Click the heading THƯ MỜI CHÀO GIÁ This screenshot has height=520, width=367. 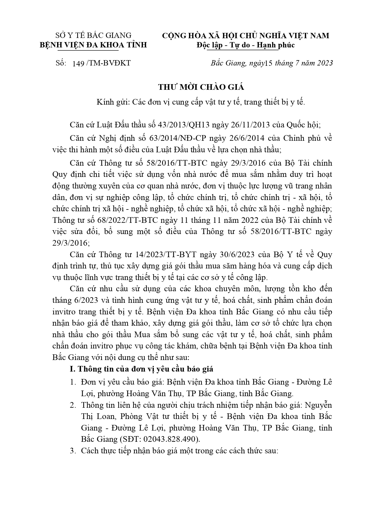[x=201, y=87]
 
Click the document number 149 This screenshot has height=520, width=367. [x=78, y=63]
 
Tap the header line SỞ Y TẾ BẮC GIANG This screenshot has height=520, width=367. [x=93, y=36]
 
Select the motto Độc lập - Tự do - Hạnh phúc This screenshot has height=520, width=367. [x=245, y=45]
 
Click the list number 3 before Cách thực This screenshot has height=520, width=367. [x=72, y=451]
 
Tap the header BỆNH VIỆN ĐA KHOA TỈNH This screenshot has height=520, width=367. [x=93, y=45]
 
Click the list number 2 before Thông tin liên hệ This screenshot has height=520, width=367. [x=72, y=405]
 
